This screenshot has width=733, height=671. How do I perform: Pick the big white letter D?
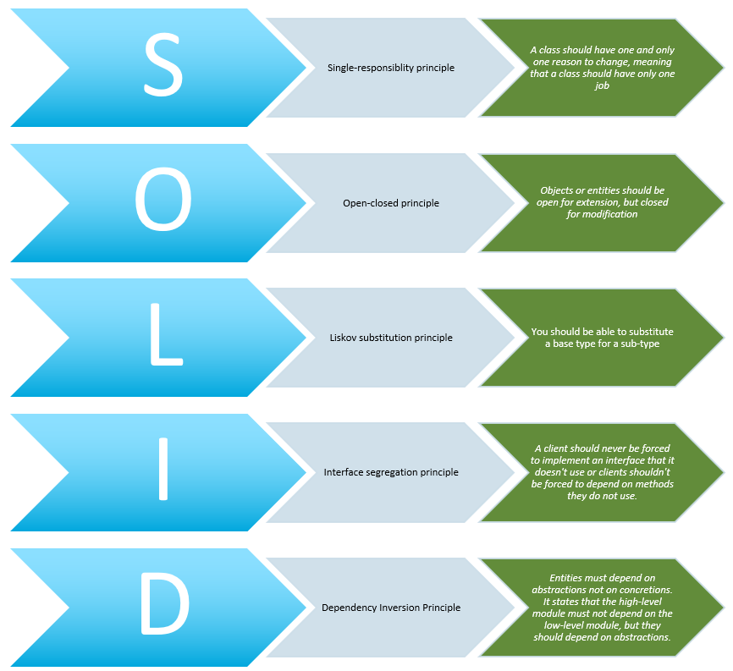coord(164,607)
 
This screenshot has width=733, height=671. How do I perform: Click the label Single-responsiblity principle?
coord(391,68)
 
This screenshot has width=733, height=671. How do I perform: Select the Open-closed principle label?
coord(391,203)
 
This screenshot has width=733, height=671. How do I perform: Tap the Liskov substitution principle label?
coord(391,338)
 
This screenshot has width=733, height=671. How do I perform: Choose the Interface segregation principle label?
coord(391,472)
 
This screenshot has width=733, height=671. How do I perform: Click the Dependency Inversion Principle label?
coord(391,608)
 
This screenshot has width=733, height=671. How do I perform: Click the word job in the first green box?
coord(602,86)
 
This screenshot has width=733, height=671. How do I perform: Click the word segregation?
coord(396,472)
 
